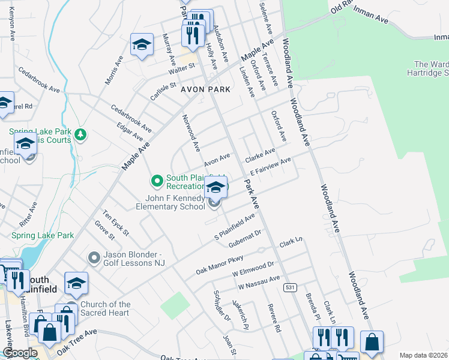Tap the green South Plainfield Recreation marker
(157, 180)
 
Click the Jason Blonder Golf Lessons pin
(94, 257)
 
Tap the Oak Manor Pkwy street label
(219, 265)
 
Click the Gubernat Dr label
(245, 238)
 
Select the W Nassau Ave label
(259, 282)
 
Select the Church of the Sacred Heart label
(105, 308)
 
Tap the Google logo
(20, 353)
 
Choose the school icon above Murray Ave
(142, 44)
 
